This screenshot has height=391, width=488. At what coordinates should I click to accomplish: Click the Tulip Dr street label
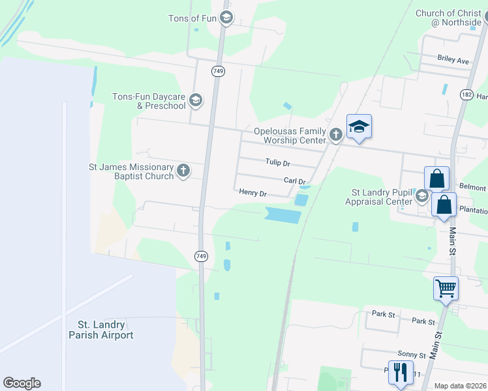[x=277, y=163]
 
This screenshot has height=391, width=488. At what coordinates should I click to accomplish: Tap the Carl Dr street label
[x=294, y=181]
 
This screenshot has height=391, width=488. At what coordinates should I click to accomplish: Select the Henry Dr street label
[x=253, y=193]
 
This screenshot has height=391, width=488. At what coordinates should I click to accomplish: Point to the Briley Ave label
[x=453, y=61]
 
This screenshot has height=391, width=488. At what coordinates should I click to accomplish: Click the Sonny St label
[x=413, y=356]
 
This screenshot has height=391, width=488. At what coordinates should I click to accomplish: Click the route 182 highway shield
[x=466, y=94]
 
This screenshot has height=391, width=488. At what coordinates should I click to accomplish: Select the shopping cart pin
[x=446, y=287]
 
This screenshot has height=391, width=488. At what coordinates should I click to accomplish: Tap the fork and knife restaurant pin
[x=400, y=372]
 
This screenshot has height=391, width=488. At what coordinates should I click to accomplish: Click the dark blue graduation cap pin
[x=359, y=126]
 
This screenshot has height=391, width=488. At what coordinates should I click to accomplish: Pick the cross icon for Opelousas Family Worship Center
[x=335, y=135]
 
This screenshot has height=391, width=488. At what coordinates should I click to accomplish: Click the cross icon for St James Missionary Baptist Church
[x=183, y=171]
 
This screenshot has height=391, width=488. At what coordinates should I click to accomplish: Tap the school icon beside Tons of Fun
[x=226, y=18]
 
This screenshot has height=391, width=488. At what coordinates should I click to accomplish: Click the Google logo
[x=22, y=383]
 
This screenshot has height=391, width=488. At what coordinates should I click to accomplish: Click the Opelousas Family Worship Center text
[x=290, y=136]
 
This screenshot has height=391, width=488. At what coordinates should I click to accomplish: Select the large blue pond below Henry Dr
[x=283, y=214]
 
